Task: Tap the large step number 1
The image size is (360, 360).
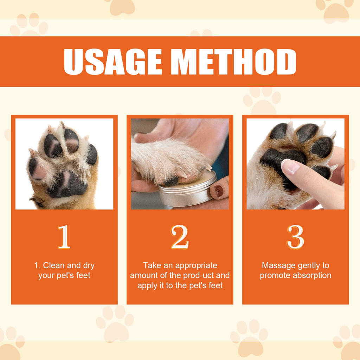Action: (x=64, y=237)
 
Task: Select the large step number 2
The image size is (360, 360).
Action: (x=180, y=237)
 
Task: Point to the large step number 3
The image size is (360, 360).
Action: (x=295, y=237)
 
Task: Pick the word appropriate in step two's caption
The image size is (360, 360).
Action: (x=196, y=265)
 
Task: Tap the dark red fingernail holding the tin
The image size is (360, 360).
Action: (x=219, y=191)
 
